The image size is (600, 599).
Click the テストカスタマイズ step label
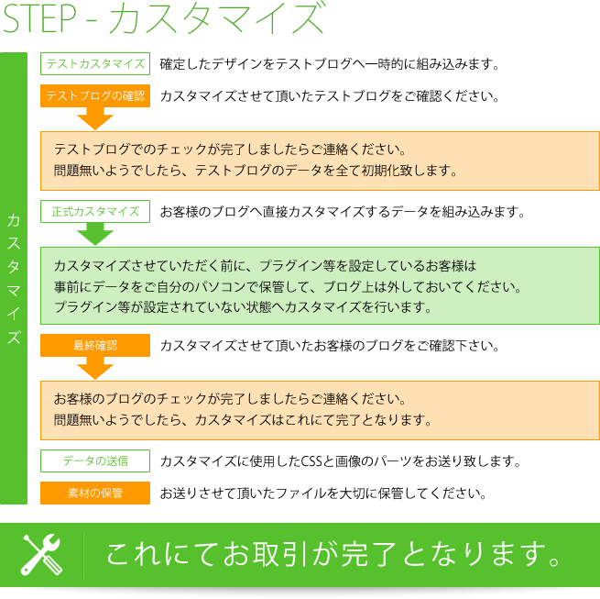pos(95,64)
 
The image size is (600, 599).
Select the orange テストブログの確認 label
pos(95,95)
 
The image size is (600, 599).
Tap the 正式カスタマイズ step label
pos(95,212)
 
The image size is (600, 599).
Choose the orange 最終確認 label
pos(95,346)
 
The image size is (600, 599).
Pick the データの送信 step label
pos(95,460)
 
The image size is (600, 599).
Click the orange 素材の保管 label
pos(95,493)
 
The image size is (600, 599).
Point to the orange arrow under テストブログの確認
pos(95,117)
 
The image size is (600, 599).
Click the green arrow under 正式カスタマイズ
pos(95,234)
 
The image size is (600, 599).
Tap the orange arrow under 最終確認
pos(95,368)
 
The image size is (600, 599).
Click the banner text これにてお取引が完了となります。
pos(333,554)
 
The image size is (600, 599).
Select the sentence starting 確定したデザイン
pos(330,64)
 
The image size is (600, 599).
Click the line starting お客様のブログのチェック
pos(229,400)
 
